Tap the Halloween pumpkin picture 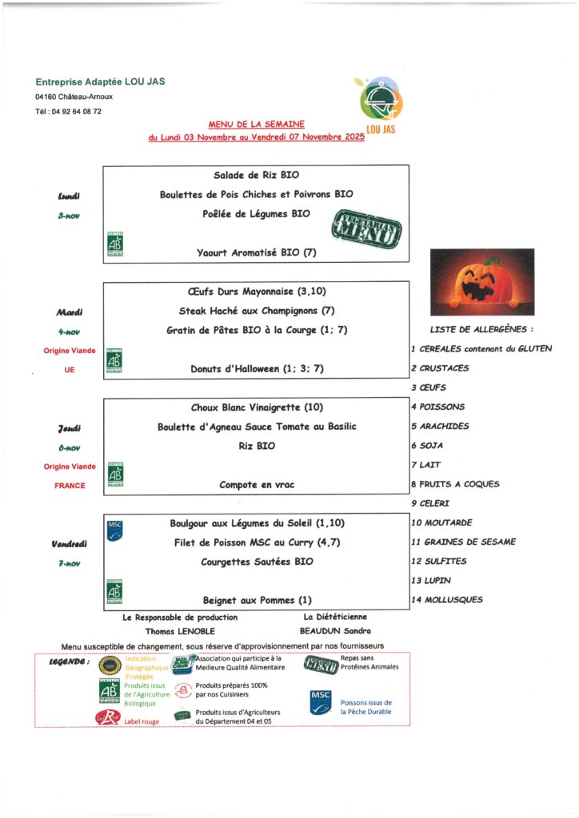point(481,282)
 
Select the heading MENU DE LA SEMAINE point(256,125)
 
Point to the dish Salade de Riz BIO point(256,175)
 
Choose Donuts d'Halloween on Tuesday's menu point(256,368)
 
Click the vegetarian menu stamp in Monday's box point(367,229)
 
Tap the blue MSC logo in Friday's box point(115,529)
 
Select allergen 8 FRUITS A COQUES point(454,484)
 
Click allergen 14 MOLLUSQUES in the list point(446,600)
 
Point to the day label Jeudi point(70,429)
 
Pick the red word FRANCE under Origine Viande point(70,485)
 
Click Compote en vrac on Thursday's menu point(256,484)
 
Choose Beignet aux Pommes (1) point(256,600)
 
